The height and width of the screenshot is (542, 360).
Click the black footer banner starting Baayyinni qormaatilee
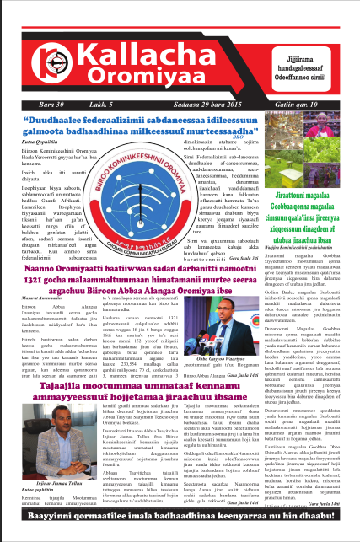pos(180,529)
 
